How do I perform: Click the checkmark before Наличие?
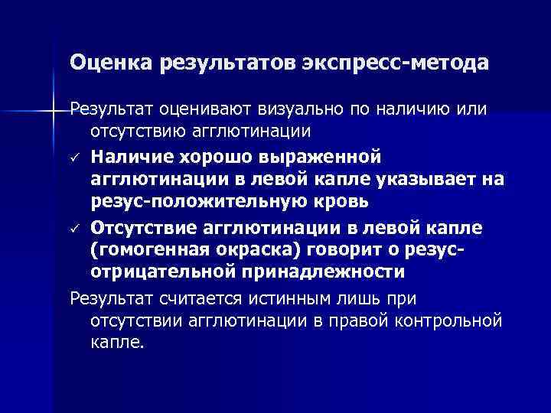(x=75, y=158)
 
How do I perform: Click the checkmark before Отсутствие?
(x=75, y=228)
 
